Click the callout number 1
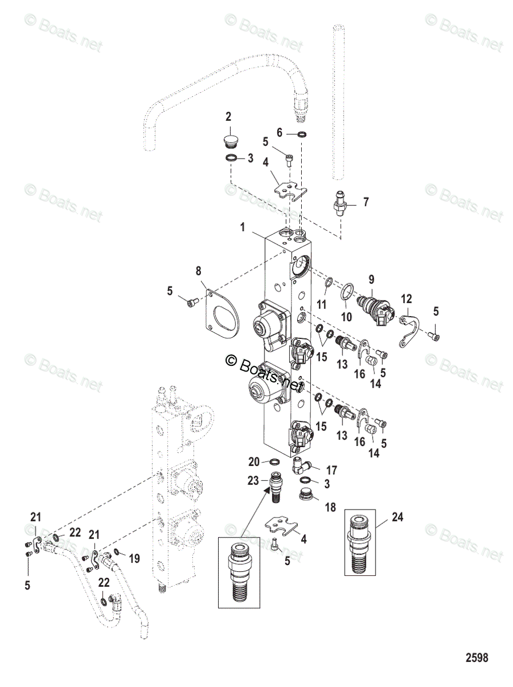click(x=243, y=227)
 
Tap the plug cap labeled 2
click(x=228, y=141)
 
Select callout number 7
click(x=366, y=202)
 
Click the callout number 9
click(x=372, y=279)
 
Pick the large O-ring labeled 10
click(x=346, y=293)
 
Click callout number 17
click(x=332, y=471)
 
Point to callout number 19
click(x=135, y=559)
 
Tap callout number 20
click(x=254, y=462)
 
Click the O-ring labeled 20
click(x=274, y=462)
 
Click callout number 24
click(x=398, y=518)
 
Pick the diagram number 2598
click(x=476, y=658)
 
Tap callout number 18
click(x=332, y=507)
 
